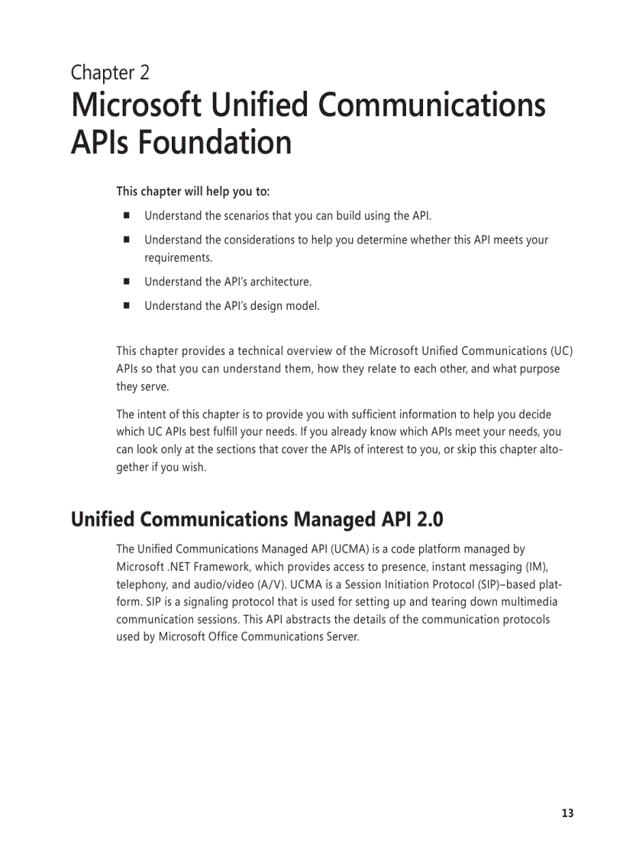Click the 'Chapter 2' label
click(x=110, y=72)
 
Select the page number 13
click(x=567, y=814)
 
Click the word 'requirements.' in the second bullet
click(x=178, y=257)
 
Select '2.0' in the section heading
click(x=430, y=520)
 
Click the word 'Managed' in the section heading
click(x=328, y=520)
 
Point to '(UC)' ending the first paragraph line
click(x=561, y=351)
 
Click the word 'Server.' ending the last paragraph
click(x=341, y=637)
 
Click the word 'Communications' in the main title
click(x=432, y=106)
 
